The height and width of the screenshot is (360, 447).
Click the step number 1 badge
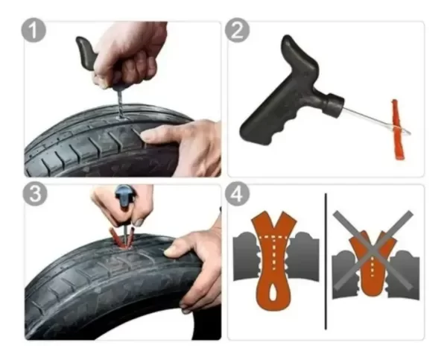(34, 31)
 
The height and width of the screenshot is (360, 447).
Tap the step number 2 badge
(237, 31)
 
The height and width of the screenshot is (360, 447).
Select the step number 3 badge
(34, 194)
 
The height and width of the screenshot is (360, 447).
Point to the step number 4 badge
(237, 194)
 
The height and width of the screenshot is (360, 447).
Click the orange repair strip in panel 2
(396, 129)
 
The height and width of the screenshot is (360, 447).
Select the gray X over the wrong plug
(373, 250)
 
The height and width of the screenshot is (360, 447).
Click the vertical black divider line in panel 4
(326, 261)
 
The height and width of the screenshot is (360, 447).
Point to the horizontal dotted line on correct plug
(273, 236)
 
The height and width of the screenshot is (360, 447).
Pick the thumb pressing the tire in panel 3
(174, 249)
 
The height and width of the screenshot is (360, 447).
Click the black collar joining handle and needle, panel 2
(334, 104)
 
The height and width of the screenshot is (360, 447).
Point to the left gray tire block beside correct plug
(246, 256)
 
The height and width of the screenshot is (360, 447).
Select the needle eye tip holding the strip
(405, 131)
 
